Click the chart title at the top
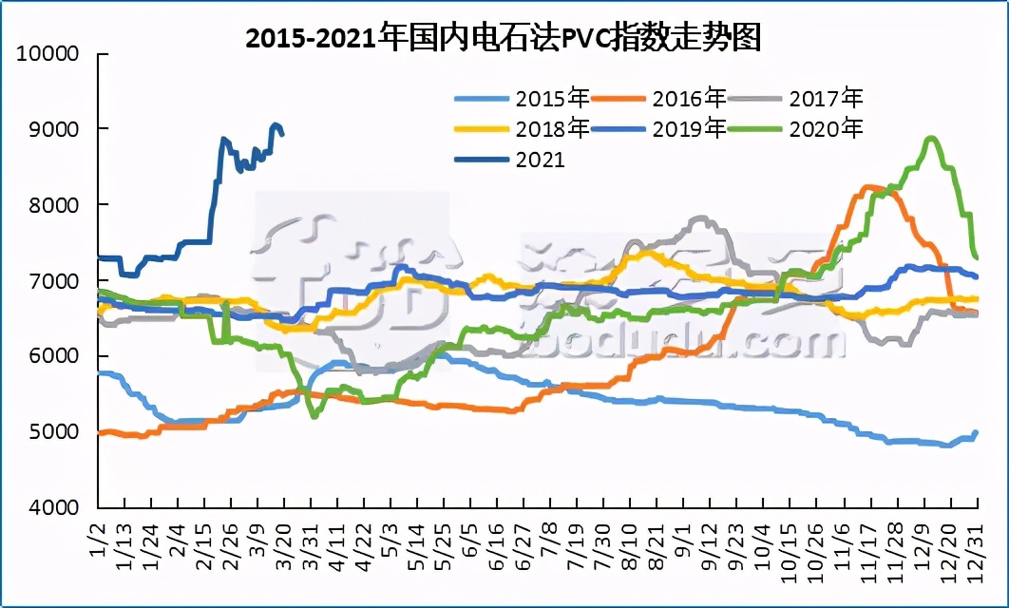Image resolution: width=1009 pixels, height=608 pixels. [504, 38]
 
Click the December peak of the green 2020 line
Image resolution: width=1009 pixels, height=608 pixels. [930, 139]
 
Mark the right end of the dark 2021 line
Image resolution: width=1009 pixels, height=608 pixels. [282, 134]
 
